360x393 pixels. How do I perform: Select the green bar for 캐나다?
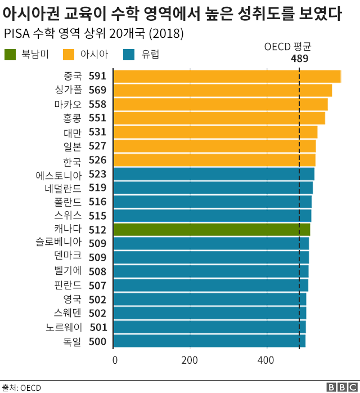pyautogui.click(x=211, y=229)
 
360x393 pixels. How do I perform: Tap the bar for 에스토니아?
pyautogui.click(x=214, y=174)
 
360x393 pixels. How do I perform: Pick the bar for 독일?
pyautogui.click(x=209, y=341)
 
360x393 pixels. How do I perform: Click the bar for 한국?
pyautogui.click(x=214, y=160)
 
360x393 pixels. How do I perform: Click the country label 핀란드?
pyautogui.click(x=69, y=285)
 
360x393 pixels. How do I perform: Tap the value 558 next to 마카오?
pyautogui.click(x=97, y=104)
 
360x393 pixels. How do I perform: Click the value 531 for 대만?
pyautogui.click(x=97, y=132)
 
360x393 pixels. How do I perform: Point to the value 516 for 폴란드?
pyautogui.click(x=97, y=202)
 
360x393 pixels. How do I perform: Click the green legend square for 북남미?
pyautogui.click(x=10, y=55)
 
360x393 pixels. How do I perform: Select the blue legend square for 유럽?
pyautogui.click(x=129, y=55)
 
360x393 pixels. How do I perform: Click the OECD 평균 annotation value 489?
pyautogui.click(x=299, y=58)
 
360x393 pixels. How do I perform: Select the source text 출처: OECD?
pyautogui.click(x=21, y=387)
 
